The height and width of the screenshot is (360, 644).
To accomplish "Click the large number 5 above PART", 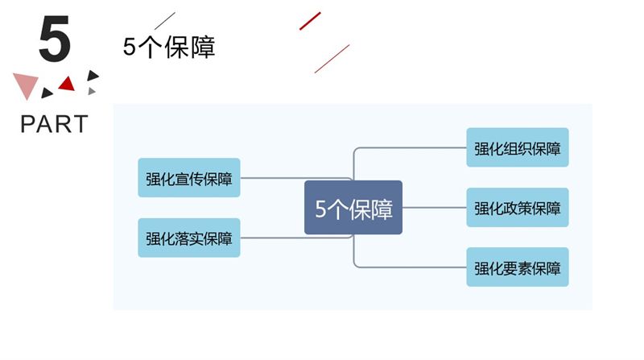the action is tap(55, 39).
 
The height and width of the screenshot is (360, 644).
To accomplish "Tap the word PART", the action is tap(54, 124).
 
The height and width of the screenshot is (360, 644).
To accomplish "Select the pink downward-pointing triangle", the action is tap(26, 85).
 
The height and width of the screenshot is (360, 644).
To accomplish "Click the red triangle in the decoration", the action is tap(67, 85).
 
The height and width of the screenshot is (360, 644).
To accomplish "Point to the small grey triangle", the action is tap(92, 91).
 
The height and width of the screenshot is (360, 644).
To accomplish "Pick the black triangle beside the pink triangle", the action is tap(47, 93).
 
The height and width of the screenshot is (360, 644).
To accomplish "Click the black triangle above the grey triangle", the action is tap(93, 75).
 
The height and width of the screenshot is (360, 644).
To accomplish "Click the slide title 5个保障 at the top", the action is tap(169, 47).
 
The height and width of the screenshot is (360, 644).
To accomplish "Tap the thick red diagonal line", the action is tap(310, 21).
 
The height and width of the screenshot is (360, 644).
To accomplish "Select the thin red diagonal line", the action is tap(332, 59).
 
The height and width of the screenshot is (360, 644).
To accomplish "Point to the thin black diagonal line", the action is tap(165, 21).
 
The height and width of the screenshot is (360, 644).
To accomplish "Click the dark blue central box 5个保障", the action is tap(353, 208).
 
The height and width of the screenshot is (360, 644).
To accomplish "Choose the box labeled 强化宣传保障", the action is tap(189, 177).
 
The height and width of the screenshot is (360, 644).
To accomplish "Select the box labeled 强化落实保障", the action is tap(189, 238).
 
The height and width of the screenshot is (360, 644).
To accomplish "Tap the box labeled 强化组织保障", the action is tap(518, 147).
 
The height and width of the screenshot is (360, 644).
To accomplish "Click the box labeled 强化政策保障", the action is tap(518, 208).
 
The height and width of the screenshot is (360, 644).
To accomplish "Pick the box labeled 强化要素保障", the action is tap(518, 267).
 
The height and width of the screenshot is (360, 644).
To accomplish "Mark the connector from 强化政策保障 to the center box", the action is tap(435, 208).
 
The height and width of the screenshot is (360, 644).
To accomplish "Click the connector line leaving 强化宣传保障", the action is tap(295, 178).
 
